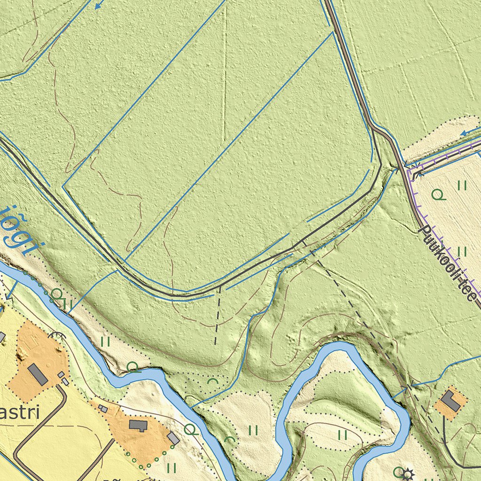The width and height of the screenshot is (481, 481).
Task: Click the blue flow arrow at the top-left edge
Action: click(98, 6)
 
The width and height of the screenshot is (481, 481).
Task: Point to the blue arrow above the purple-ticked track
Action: click(465, 133)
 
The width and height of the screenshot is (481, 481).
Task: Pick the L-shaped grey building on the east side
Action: click(450, 402)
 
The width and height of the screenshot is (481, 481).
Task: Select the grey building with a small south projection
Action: click(138, 426)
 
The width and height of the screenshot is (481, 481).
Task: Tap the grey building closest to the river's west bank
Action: click(173, 438)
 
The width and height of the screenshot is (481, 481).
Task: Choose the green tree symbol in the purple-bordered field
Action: click(438, 194)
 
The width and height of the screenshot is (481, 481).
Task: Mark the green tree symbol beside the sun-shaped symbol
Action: click(398, 471)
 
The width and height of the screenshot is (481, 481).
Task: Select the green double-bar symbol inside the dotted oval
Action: click(342, 435)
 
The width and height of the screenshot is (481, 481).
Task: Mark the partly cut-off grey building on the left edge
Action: click(2, 337)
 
